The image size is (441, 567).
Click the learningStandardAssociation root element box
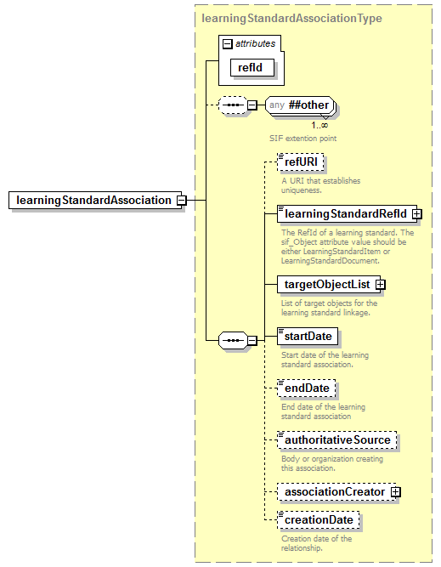point(93,200)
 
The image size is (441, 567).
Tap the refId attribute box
point(249,66)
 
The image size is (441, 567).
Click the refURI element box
point(302,162)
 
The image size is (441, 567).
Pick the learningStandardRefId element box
point(345,213)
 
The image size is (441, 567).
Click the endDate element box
point(308,388)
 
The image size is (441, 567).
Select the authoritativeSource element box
point(337,440)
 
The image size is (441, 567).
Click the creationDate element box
point(319,519)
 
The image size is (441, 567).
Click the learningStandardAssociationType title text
point(291,18)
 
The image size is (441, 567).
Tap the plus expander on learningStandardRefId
point(416,213)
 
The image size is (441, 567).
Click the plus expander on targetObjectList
point(380,284)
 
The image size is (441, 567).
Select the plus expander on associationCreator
point(395,492)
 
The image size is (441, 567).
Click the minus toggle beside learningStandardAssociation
point(181,200)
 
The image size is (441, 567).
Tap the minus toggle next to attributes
point(227,43)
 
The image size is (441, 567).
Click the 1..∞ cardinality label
point(319,125)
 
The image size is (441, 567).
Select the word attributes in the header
point(254,43)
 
